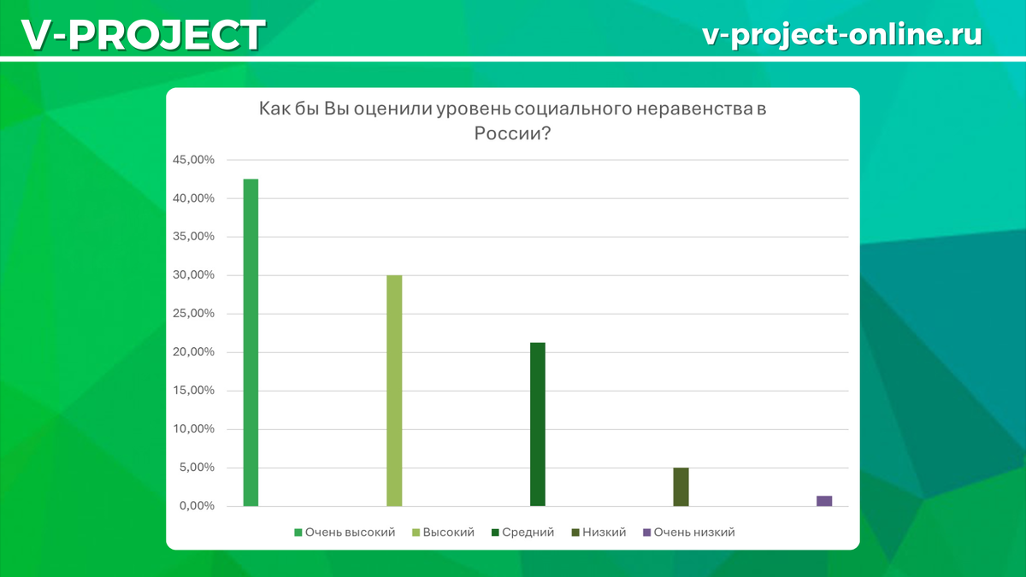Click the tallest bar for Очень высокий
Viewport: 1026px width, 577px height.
tap(251, 342)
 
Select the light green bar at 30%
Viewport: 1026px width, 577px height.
tap(394, 391)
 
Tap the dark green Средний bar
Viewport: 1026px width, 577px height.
tap(537, 424)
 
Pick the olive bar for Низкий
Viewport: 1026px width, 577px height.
tap(681, 486)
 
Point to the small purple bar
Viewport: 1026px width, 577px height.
tap(824, 501)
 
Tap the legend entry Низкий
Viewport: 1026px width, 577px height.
tap(604, 532)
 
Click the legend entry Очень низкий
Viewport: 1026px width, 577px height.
tap(693, 532)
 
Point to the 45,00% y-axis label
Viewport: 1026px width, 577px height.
tap(192, 160)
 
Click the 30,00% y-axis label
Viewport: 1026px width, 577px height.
tap(192, 275)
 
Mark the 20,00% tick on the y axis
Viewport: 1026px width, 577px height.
tap(192, 352)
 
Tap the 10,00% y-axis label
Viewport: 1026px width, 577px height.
tap(192, 429)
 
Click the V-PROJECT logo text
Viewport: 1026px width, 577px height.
tap(143, 35)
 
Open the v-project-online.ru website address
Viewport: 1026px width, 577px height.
tap(841, 35)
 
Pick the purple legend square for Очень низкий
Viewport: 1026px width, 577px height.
tap(646, 533)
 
